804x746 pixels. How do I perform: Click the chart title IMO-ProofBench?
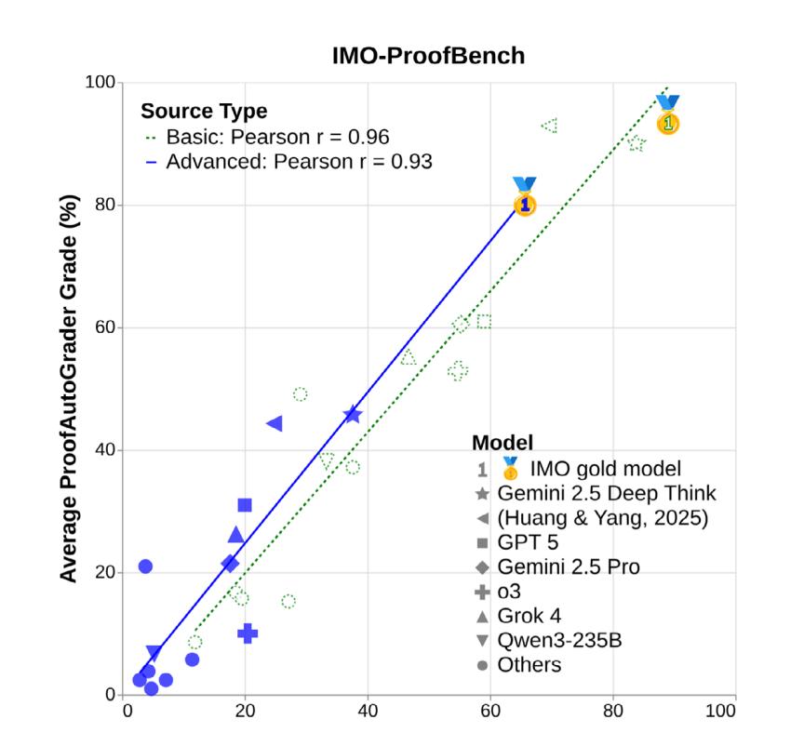(x=428, y=56)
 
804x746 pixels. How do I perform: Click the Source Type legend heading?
(x=204, y=112)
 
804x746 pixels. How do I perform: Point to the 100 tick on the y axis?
(x=101, y=83)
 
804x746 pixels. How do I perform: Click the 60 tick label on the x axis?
(x=490, y=713)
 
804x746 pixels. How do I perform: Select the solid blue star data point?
(x=352, y=415)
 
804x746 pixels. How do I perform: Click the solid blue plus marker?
(x=248, y=634)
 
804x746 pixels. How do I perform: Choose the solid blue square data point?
(x=245, y=505)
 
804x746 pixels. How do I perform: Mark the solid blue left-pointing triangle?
(x=275, y=423)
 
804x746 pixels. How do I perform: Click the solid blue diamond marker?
(x=230, y=564)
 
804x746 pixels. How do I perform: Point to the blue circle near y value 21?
(x=145, y=566)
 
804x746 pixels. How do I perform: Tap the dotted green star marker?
(x=636, y=143)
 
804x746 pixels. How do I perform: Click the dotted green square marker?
(x=484, y=322)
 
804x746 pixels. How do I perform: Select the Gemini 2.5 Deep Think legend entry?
(x=606, y=493)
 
